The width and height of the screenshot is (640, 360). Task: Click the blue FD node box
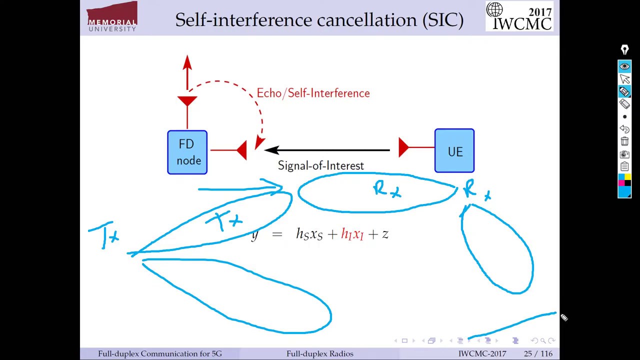click(187, 152)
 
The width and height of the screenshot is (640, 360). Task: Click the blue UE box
click(454, 151)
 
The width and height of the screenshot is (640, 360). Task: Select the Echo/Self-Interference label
click(313, 93)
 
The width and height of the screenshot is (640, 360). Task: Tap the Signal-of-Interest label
click(320, 166)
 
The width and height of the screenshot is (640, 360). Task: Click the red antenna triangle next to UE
click(403, 147)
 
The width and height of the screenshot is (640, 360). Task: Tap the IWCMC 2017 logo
click(519, 16)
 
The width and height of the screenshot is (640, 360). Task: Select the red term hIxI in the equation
click(352, 234)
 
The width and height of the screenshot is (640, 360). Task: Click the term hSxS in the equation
click(309, 234)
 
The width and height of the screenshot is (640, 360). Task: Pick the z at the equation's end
click(385, 234)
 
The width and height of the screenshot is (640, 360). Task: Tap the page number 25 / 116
click(538, 353)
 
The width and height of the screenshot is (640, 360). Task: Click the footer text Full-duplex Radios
click(319, 353)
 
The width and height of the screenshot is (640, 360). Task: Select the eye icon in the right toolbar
click(624, 66)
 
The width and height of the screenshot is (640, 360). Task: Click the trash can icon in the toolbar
click(624, 142)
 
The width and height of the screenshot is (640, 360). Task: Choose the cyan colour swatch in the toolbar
click(624, 192)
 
